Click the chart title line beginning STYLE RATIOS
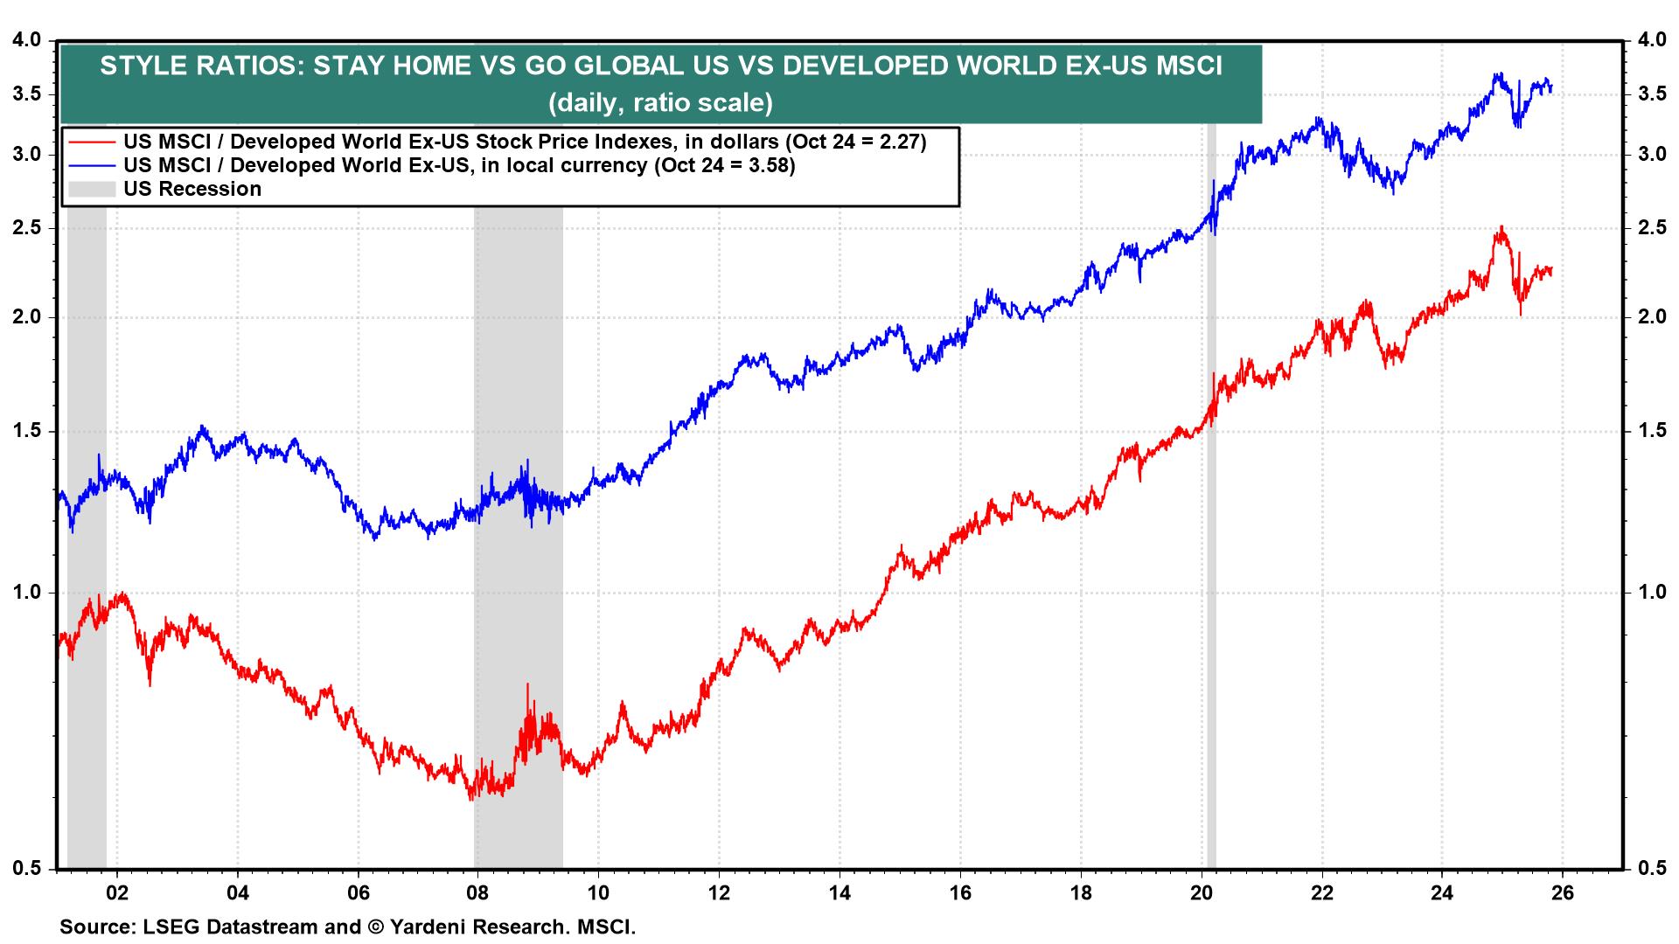pos(661,66)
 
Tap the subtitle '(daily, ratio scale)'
pos(661,103)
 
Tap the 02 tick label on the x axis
pos(117,893)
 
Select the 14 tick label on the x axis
pos(839,893)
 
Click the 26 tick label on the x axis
pos(1562,893)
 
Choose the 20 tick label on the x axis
pos(1202,893)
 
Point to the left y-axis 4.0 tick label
pos(27,40)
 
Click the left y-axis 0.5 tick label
pos(27,868)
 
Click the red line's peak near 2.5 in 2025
pos(1501,228)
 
